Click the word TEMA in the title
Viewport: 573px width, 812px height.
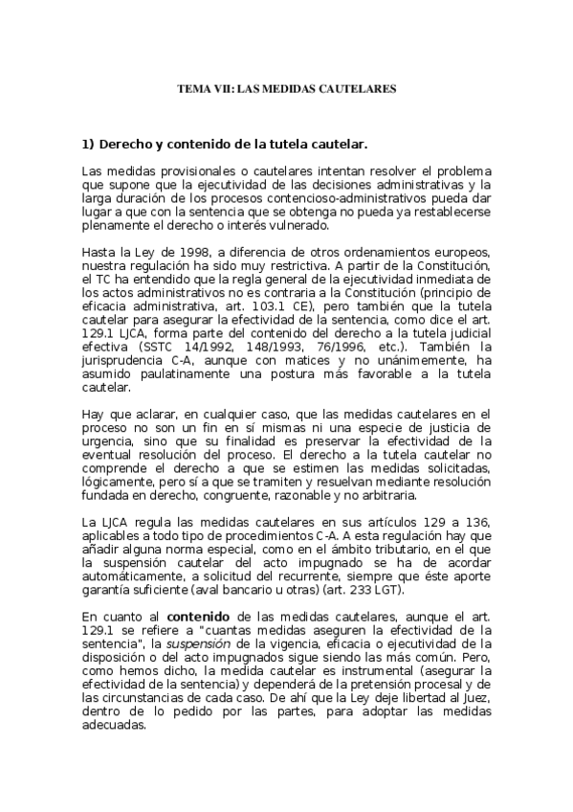(x=192, y=88)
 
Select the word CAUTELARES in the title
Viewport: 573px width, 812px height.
(x=361, y=88)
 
